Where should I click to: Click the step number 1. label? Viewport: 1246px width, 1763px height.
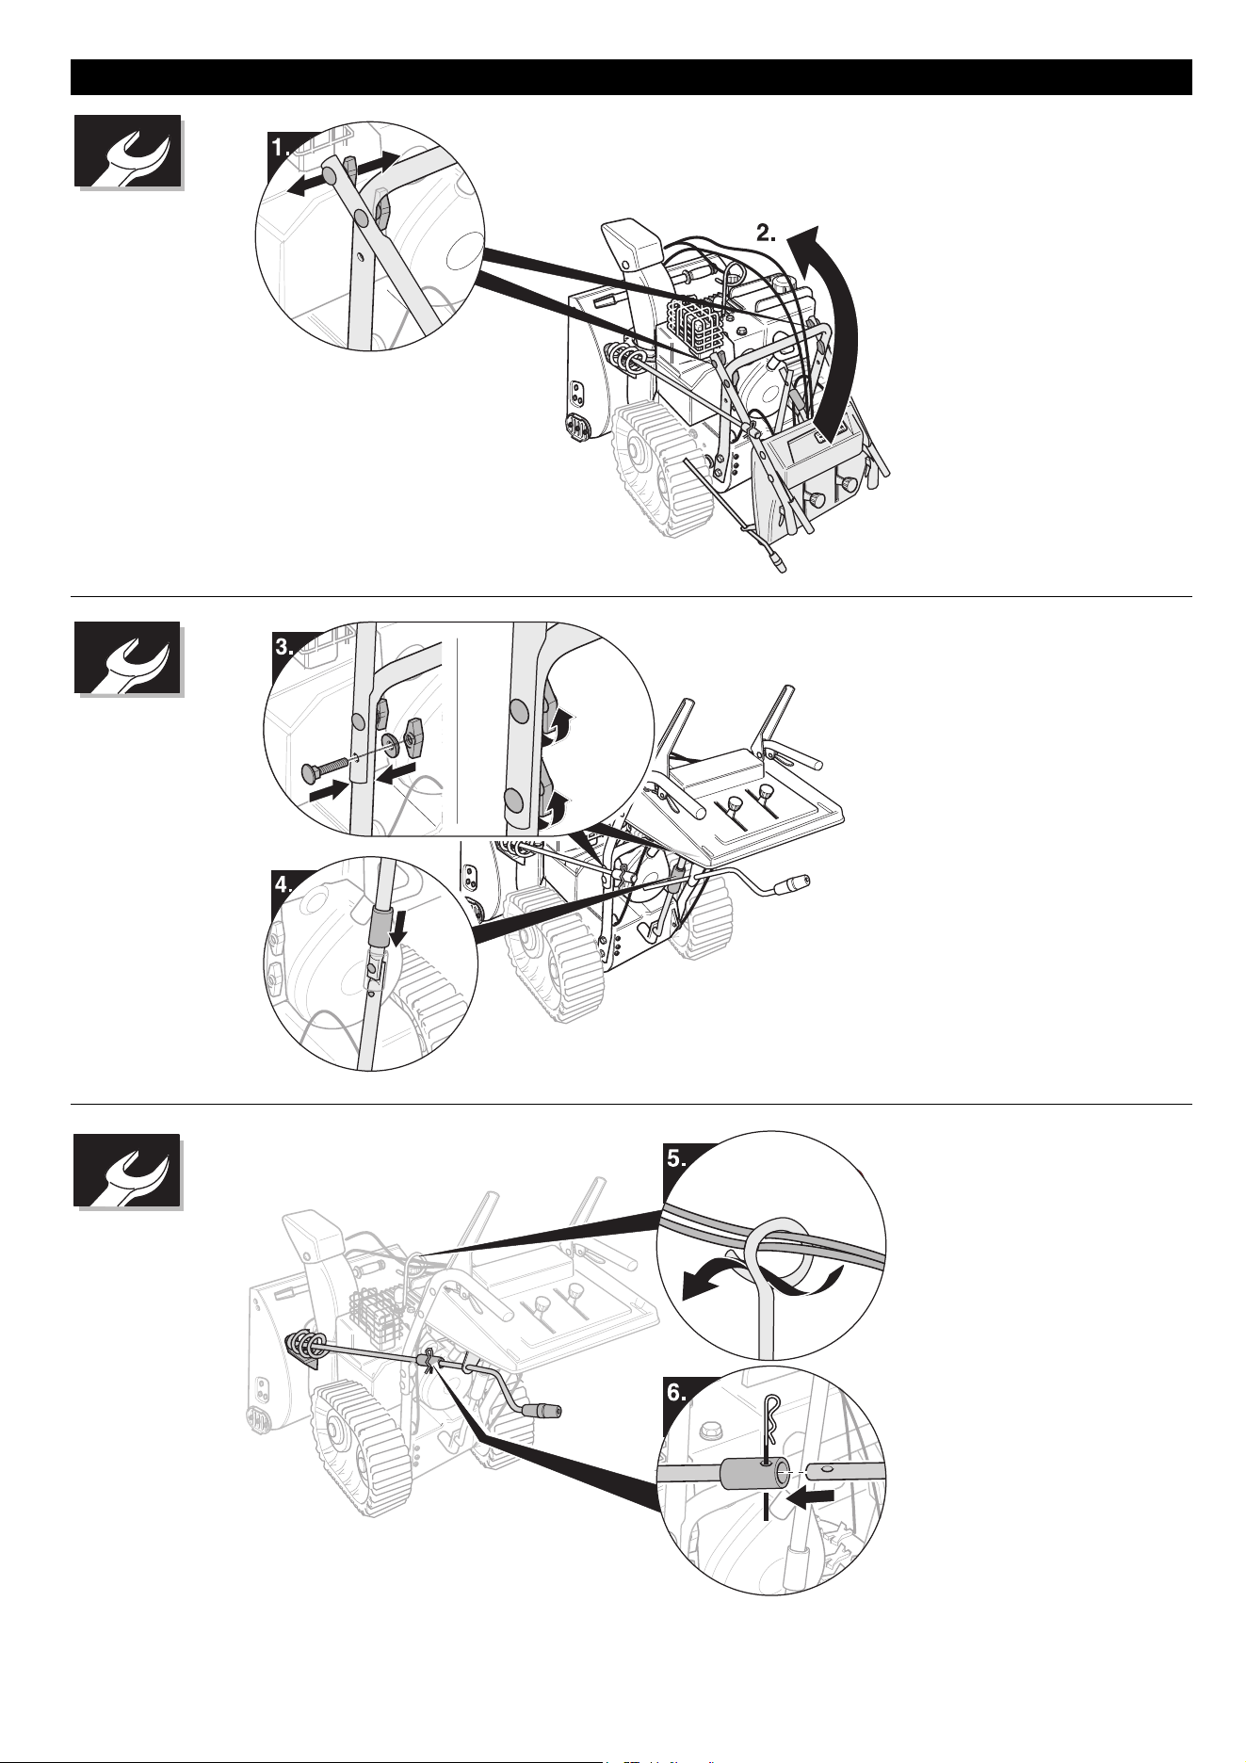click(283, 148)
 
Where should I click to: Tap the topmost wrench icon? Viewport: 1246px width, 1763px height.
click(127, 152)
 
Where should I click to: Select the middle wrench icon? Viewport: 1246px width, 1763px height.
click(127, 659)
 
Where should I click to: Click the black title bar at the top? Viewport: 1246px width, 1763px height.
click(631, 77)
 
